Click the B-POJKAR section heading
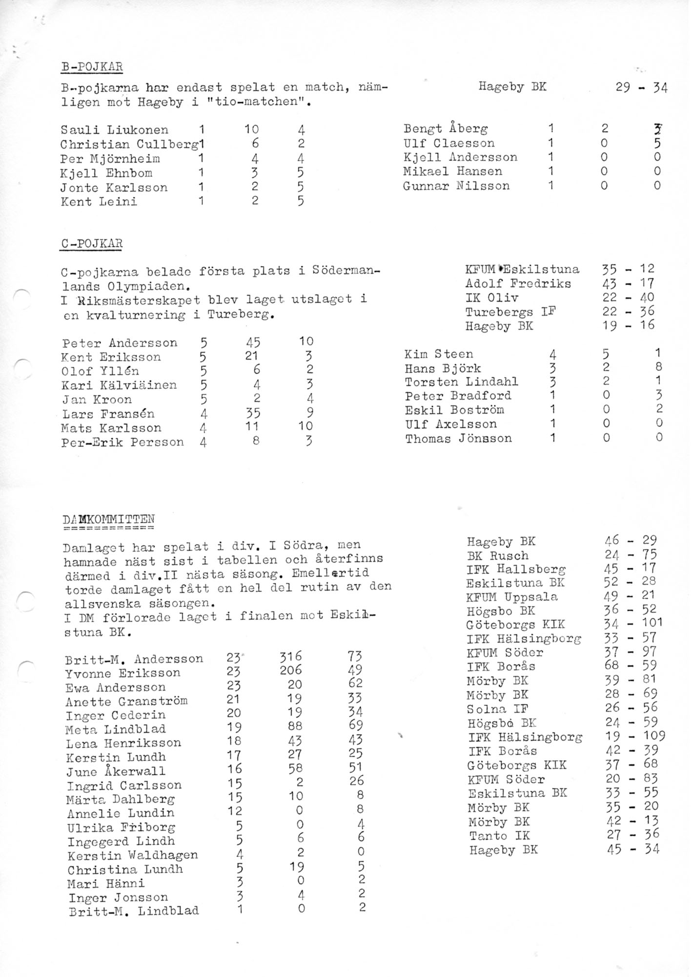click(x=91, y=67)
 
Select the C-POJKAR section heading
click(x=91, y=243)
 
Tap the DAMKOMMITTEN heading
click(x=109, y=518)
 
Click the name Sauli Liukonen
click(x=115, y=130)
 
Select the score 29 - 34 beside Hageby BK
click(x=641, y=88)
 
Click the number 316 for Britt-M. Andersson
click(x=291, y=656)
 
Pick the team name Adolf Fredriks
click(x=518, y=283)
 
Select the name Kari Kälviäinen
click(x=120, y=385)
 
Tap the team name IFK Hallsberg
click(x=516, y=569)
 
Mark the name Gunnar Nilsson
click(x=456, y=186)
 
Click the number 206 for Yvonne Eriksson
click(x=291, y=670)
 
